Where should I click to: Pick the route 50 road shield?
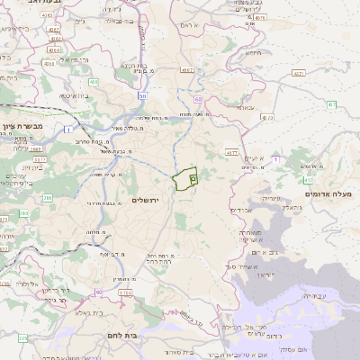143,94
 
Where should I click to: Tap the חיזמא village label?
254,53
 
